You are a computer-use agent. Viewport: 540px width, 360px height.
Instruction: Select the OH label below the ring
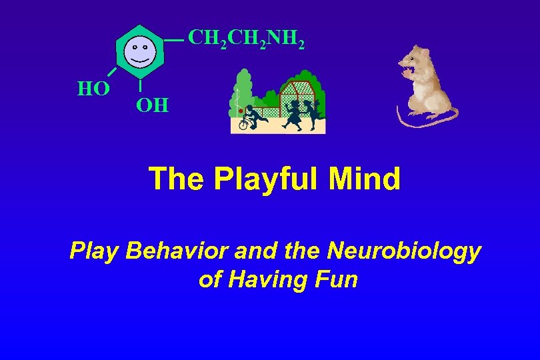tap(152, 105)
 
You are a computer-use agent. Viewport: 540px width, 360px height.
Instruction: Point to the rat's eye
tap(415, 59)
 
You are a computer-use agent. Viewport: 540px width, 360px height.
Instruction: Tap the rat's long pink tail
tap(427, 120)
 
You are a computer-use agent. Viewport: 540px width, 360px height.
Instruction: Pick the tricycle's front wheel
tap(243, 124)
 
